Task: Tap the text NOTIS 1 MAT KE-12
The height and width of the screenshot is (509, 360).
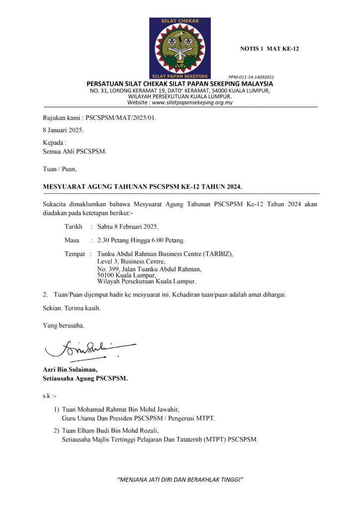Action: coord(270,49)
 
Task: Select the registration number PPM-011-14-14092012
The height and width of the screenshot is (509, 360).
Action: coord(251,77)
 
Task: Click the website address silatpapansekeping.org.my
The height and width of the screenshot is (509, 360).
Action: coord(192,102)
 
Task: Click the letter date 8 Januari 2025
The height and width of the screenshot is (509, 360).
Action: coord(64,130)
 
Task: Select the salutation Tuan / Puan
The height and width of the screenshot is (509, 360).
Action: coord(60,169)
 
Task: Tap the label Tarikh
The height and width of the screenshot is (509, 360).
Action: coord(74,227)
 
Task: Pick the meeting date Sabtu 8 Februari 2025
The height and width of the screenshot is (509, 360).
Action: coord(128,227)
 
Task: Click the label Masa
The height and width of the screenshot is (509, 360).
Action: coord(72,241)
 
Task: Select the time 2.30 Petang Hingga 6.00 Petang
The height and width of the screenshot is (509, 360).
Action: coord(141,241)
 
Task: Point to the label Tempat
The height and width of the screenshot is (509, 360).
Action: coord(75,254)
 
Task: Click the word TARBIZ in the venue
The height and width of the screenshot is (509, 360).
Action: coord(216,254)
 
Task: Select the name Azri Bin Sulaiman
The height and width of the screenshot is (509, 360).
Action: coord(70,369)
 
